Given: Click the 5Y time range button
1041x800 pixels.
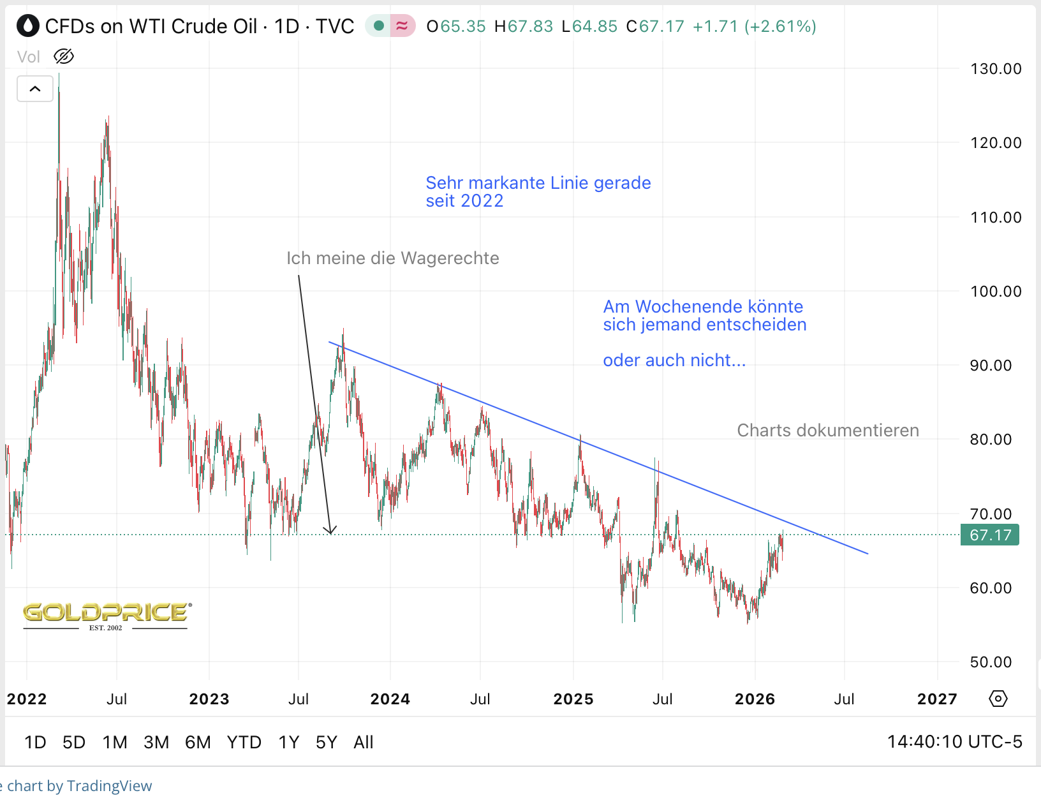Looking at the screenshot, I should (326, 743).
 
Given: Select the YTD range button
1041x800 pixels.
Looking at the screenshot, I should (244, 743).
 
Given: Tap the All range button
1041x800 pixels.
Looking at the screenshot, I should (364, 743).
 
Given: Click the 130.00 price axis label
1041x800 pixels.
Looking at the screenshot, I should (996, 69).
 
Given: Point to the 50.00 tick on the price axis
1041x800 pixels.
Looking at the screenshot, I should (991, 662).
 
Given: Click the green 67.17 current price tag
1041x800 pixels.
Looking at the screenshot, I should (990, 535).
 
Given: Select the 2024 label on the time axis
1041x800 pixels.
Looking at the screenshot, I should (390, 699).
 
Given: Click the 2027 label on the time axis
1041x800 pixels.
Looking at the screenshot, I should (937, 699).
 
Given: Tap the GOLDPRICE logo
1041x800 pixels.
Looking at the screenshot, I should (107, 614).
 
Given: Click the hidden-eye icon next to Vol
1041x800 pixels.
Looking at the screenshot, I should (64, 57).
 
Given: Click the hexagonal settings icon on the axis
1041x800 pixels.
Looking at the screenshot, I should (998, 699).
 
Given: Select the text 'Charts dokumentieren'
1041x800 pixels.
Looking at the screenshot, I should (828, 431).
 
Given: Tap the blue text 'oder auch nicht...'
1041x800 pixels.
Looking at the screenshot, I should (674, 360).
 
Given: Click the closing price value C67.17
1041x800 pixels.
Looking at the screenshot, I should (656, 27).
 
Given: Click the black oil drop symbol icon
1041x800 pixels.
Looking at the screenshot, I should (28, 26).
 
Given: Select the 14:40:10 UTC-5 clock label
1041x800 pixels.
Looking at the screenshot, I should (954, 742).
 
